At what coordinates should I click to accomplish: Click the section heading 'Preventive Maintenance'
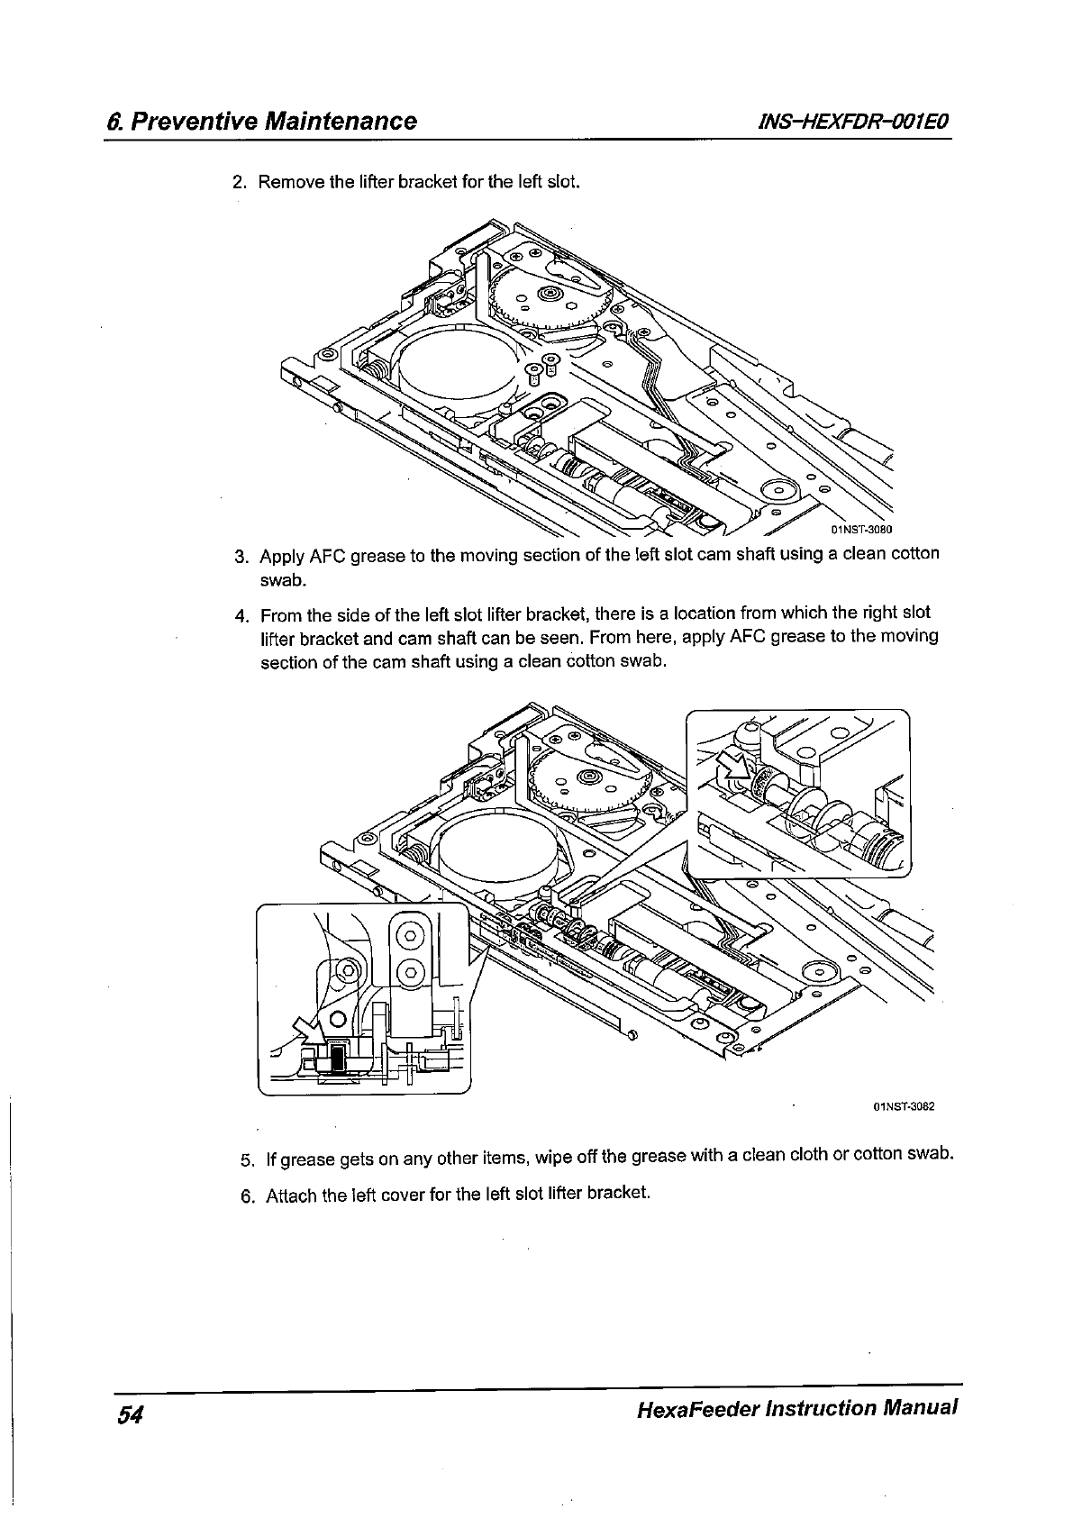point(273,122)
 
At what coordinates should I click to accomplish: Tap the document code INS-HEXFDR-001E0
point(845,122)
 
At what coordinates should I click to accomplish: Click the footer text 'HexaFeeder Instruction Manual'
point(796,1408)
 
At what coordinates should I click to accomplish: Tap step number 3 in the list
point(240,555)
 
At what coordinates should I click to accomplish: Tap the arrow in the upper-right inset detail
point(733,766)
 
